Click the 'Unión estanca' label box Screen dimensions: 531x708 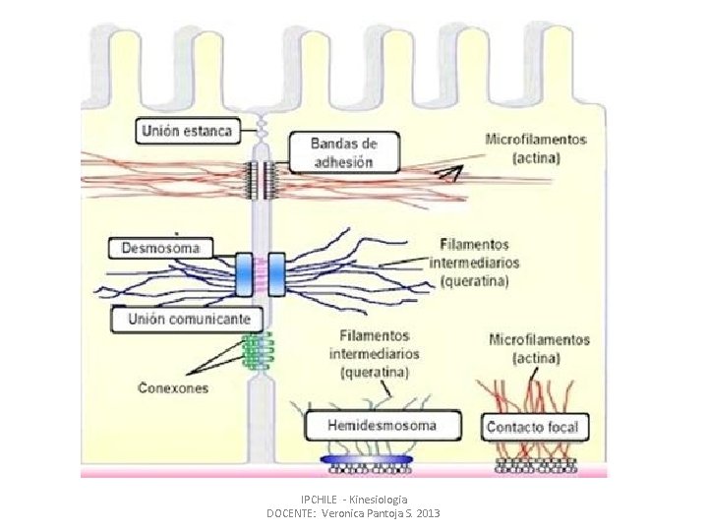click(187, 130)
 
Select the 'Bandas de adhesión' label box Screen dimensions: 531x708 click(342, 152)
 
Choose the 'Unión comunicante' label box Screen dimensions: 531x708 click(187, 320)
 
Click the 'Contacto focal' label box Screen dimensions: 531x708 click(536, 428)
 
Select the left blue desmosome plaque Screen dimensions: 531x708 click(244, 273)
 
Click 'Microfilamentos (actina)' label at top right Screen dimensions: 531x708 click(536, 147)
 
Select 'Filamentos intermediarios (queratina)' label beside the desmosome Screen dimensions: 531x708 click(481, 263)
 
